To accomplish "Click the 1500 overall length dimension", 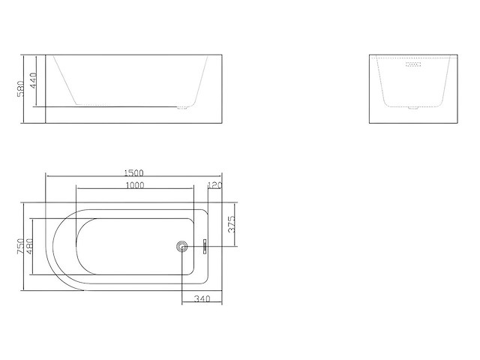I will tap(135, 172).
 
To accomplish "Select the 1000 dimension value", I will tap(135, 185).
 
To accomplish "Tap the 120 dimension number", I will tap(215, 185).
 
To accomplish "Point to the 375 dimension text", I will tap(232, 223).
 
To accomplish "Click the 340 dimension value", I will tap(201, 300).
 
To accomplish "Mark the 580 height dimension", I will tap(21, 88).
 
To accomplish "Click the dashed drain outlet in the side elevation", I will tap(182, 107).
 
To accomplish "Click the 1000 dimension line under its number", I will tap(135, 190).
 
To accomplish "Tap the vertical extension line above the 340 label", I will tap(182, 277).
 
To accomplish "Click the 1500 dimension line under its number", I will tap(135, 177).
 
